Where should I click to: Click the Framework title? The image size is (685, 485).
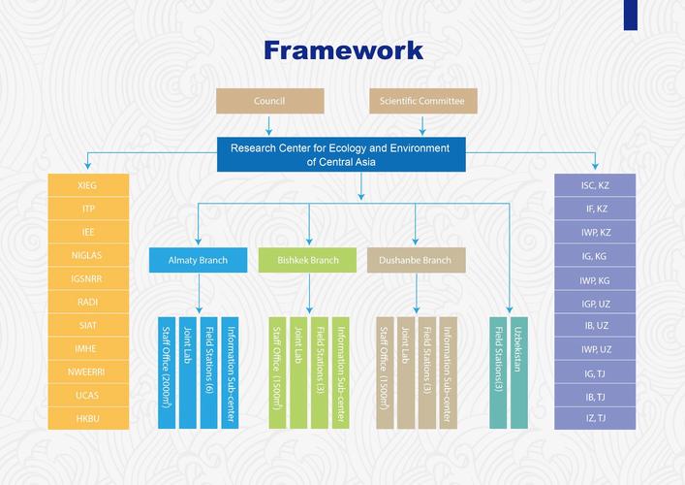342,49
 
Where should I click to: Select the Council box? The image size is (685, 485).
268,101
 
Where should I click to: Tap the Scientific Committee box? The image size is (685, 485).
421,101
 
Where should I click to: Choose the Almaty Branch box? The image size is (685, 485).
199,260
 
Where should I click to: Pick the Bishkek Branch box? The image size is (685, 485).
308,260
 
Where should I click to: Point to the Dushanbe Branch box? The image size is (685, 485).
417,260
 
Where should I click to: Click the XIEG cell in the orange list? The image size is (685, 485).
88,185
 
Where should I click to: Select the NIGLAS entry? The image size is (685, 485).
88,255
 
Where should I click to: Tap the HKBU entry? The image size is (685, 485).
88,419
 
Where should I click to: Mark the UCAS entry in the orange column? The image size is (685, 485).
88,396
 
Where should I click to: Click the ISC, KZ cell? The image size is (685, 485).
595,185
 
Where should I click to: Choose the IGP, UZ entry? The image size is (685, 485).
595,303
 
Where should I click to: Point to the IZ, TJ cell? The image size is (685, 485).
595,419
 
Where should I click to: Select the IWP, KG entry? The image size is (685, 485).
595,279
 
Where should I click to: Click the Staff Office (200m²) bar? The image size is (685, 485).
167,372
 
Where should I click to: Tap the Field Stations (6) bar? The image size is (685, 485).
208,372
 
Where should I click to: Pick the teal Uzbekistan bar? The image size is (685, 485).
518,372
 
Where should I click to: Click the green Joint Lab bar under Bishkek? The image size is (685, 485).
298,372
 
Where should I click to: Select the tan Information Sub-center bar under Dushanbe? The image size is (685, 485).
448,372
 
